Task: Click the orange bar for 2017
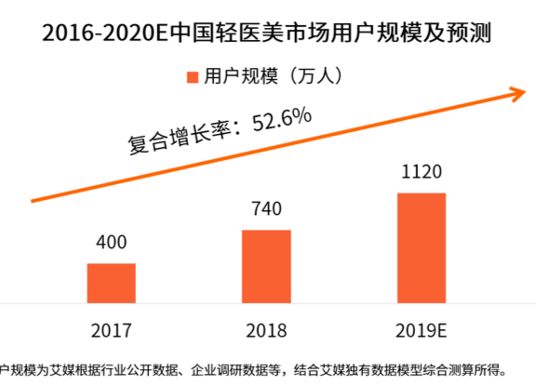(112, 283)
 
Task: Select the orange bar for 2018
(266, 266)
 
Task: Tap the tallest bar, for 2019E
(422, 247)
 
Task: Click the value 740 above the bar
(266, 209)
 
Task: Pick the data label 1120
(422, 172)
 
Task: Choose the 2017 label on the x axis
(112, 331)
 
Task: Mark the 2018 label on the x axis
(266, 331)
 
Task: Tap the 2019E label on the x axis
(422, 331)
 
